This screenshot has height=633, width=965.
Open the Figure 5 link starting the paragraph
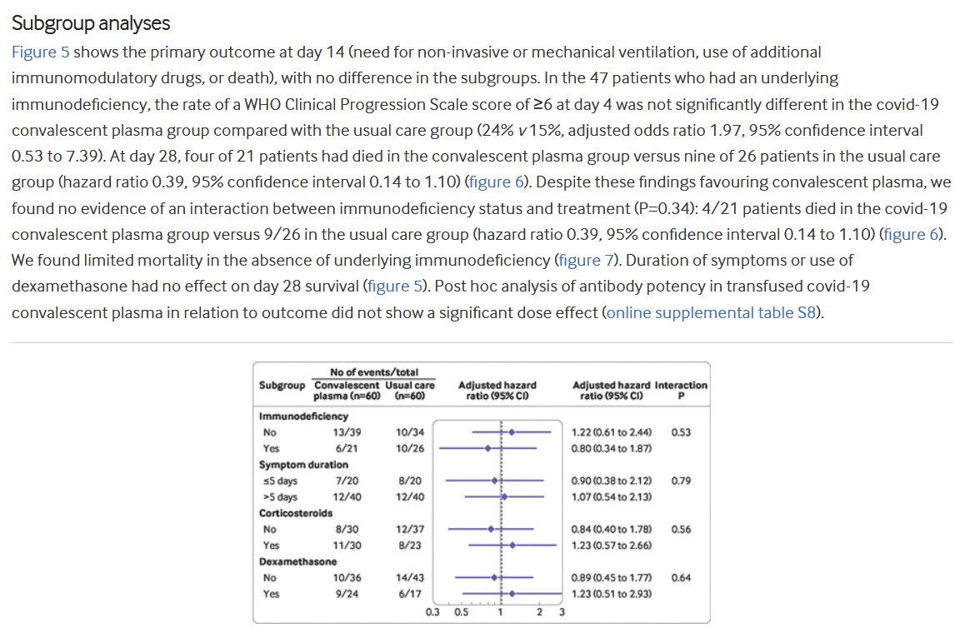click(40, 52)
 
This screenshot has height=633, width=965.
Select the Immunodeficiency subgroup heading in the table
click(303, 416)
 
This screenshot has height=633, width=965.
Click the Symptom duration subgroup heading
click(303, 464)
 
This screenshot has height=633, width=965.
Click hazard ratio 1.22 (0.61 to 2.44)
click(612, 432)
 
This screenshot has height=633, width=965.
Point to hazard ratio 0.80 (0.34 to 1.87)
click(612, 448)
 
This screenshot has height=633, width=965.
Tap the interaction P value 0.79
click(680, 481)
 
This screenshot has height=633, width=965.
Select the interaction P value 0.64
click(680, 577)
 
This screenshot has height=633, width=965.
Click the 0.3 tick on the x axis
click(432, 612)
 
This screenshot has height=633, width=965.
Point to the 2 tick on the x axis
click(539, 612)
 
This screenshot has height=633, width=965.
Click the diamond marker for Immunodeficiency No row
click(512, 432)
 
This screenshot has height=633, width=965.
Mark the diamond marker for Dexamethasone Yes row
click(512, 593)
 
